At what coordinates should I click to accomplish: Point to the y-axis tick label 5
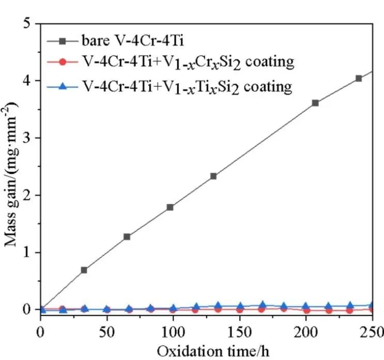(30, 24)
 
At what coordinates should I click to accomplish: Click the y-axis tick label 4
(30, 81)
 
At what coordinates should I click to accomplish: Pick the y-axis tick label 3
(30, 138)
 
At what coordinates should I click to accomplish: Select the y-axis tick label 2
(30, 196)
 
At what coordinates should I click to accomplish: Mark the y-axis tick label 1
(30, 252)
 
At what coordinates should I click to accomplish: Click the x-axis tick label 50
(106, 329)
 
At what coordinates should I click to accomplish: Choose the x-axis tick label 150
(239, 329)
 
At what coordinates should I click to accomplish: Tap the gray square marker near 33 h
(84, 270)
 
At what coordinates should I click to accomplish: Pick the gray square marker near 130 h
(213, 176)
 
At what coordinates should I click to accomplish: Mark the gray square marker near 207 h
(315, 103)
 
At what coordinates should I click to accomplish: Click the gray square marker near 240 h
(359, 79)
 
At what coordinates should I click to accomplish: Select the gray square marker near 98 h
(170, 207)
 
